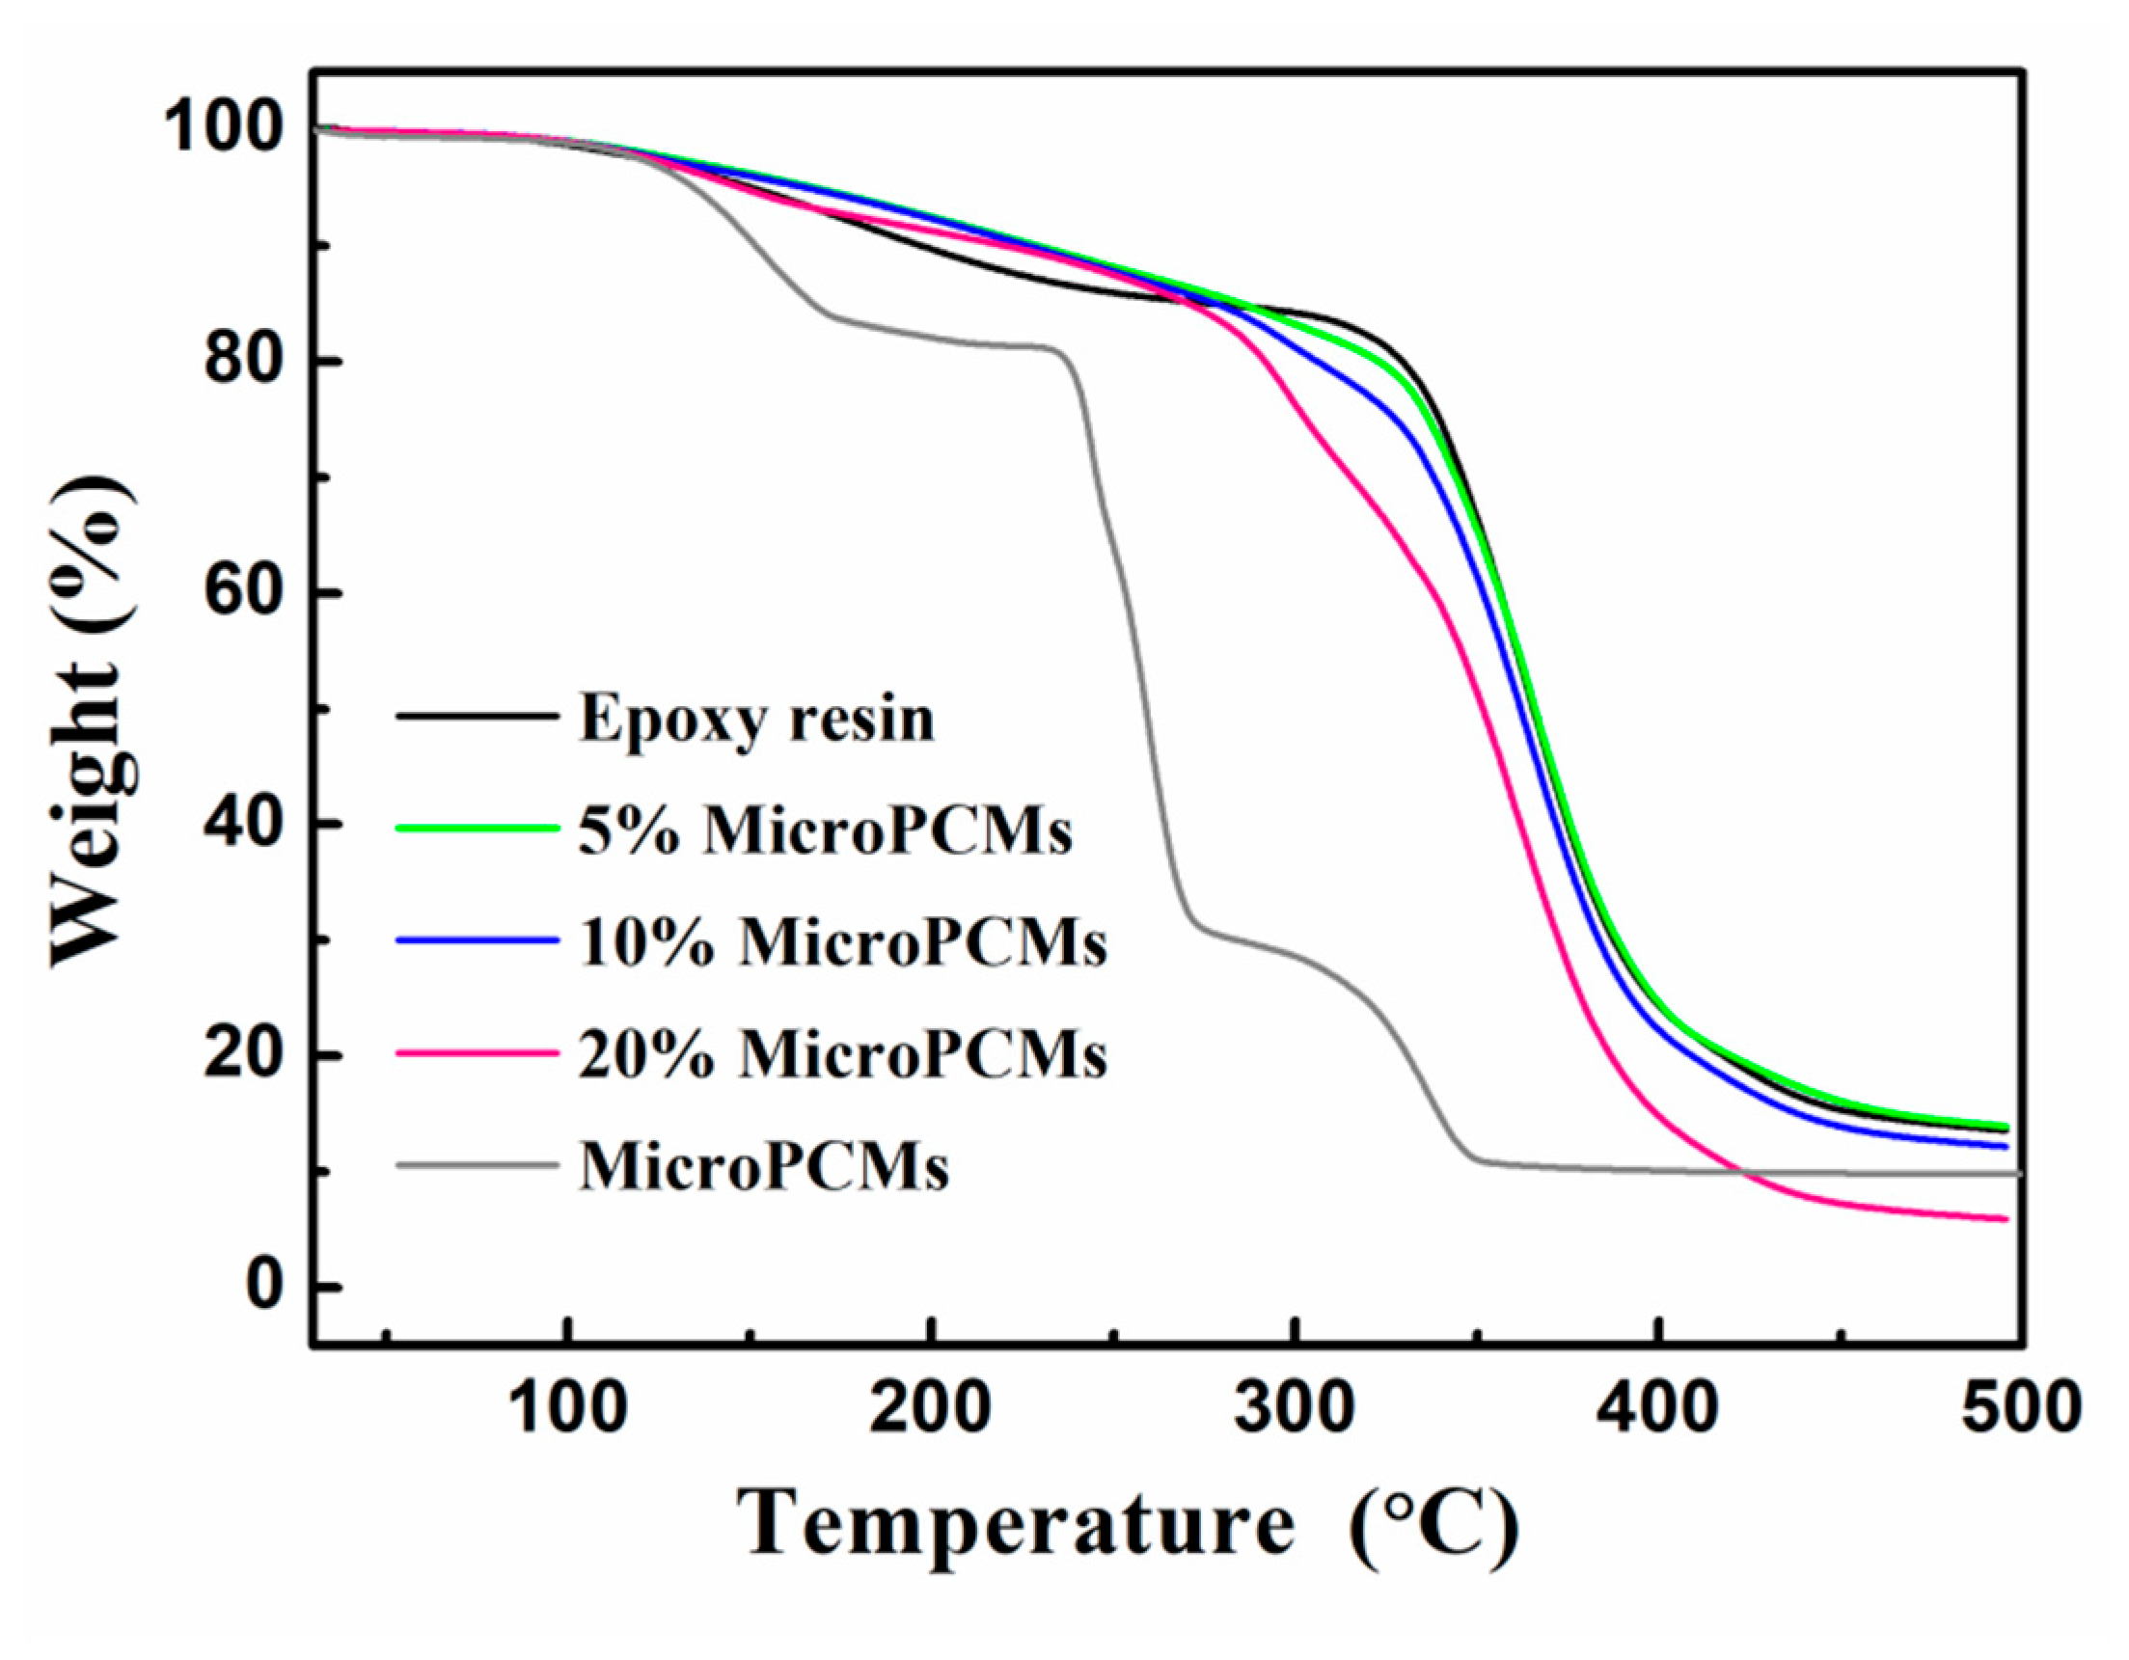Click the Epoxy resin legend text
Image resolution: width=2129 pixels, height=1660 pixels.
(x=756, y=720)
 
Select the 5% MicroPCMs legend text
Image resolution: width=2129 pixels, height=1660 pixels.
(x=825, y=831)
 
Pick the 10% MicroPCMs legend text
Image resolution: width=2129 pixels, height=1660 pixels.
(x=842, y=942)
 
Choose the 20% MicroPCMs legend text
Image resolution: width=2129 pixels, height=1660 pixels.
(x=842, y=1054)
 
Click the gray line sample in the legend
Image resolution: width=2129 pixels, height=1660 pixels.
(x=478, y=1165)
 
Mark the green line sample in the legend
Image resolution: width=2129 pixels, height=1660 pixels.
(x=478, y=829)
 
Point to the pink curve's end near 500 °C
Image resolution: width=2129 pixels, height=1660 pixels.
(x=2005, y=1218)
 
